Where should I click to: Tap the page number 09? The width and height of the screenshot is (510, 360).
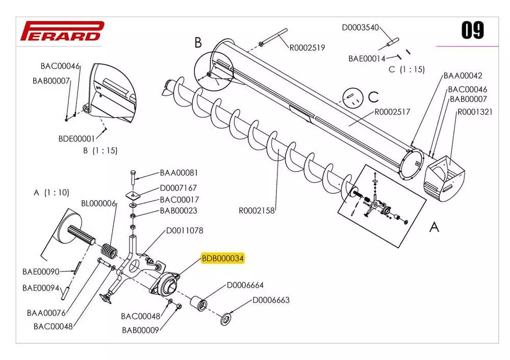pyautogui.click(x=472, y=31)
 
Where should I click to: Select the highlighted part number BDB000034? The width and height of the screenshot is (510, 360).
pyautogui.click(x=223, y=259)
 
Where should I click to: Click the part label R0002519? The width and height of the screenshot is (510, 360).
pyautogui.click(x=307, y=48)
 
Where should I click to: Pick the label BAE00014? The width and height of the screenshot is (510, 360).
pyautogui.click(x=367, y=58)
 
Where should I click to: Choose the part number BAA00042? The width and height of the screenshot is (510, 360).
pyautogui.click(x=463, y=75)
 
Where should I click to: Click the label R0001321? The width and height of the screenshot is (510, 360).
pyautogui.click(x=474, y=112)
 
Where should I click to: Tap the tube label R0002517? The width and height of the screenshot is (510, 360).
pyautogui.click(x=393, y=111)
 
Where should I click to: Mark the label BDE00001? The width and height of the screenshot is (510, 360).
pyautogui.click(x=77, y=138)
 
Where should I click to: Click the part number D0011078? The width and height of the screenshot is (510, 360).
pyautogui.click(x=185, y=230)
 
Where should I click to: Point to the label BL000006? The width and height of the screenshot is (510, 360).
pyautogui.click(x=99, y=203)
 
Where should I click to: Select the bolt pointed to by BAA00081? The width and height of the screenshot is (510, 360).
pyautogui.click(x=133, y=177)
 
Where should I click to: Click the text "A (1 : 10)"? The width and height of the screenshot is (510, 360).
pyautogui.click(x=51, y=192)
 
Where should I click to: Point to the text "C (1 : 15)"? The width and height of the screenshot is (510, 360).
pyautogui.click(x=406, y=69)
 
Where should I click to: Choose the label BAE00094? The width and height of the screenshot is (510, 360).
pyautogui.click(x=41, y=288)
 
